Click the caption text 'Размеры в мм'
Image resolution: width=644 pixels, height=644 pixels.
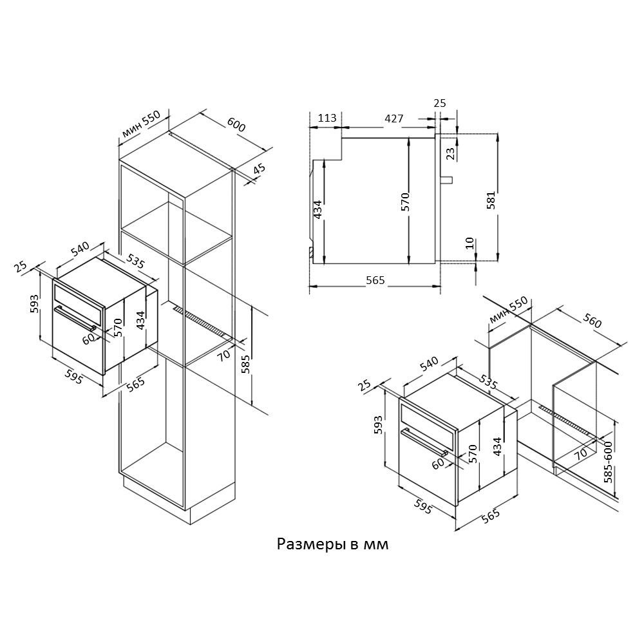[x=332, y=544]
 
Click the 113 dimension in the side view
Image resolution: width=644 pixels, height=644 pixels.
[x=327, y=118]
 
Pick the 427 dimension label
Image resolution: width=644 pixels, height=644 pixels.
[x=394, y=118]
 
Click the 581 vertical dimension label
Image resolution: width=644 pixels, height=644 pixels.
[x=491, y=200]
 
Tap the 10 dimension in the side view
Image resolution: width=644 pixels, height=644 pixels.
[x=469, y=243]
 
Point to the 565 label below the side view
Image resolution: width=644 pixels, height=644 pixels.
[x=375, y=280]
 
